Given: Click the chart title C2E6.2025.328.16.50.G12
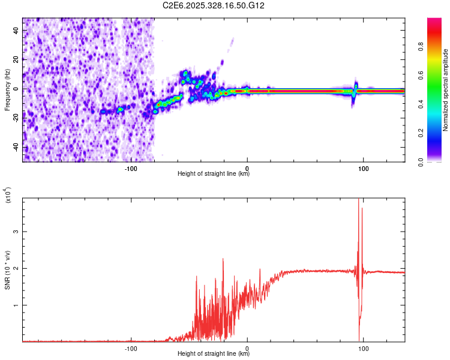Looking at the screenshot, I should pyautogui.click(x=214, y=5).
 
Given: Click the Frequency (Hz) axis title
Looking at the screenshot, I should pyautogui.click(x=7, y=89).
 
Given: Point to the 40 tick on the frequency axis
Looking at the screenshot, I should pyautogui.click(x=16, y=31).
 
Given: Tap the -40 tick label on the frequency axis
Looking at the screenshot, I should pyautogui.click(x=16, y=147).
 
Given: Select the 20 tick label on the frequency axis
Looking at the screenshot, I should pyautogui.click(x=16, y=60).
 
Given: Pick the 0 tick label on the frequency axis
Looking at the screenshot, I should pyautogui.click(x=16, y=89).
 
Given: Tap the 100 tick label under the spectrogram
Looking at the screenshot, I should pyautogui.click(x=363, y=169).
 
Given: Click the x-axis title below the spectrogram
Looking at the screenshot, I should pyautogui.click(x=214, y=174).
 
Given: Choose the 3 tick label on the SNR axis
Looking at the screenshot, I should pyautogui.click(x=16, y=232).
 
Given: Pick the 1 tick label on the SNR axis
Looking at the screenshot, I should pyautogui.click(x=16, y=305).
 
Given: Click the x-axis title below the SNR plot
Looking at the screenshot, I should pyautogui.click(x=214, y=354).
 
